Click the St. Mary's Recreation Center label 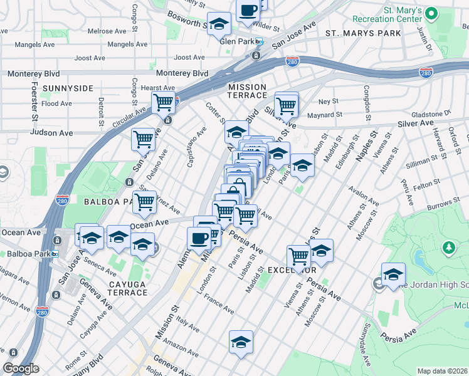(x=394, y=14)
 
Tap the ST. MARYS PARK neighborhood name (x=363, y=33)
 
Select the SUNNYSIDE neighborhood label (x=67, y=88)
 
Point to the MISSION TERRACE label (x=247, y=91)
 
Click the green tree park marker (x=448, y=248)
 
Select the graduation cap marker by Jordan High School (x=393, y=274)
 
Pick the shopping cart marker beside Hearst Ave (x=164, y=102)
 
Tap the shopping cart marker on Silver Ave (x=286, y=104)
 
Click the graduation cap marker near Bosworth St (x=219, y=24)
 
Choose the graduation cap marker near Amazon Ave (x=241, y=342)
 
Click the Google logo (x=21, y=368)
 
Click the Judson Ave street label (x=51, y=133)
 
